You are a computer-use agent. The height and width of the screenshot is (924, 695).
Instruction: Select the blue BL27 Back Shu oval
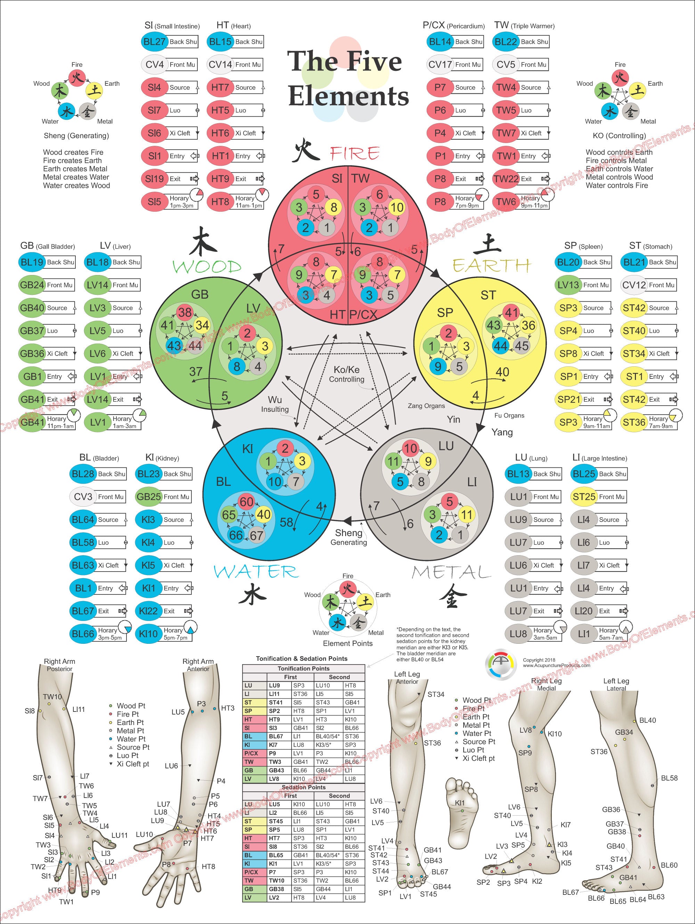coord(154,42)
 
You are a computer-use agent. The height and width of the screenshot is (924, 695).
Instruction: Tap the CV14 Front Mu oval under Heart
coord(220,65)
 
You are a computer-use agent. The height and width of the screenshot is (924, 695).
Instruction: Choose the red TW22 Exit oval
coord(506,179)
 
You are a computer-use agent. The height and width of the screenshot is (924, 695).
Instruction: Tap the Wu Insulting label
coord(275,404)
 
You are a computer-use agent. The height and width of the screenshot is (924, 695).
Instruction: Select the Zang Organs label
coord(426,406)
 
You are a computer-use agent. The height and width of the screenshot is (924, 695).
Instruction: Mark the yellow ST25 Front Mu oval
coord(584,497)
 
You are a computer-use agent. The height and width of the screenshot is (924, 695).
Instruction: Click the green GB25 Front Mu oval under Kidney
coord(148,497)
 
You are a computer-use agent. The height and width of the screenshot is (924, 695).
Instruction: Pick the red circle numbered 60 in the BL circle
coord(247,501)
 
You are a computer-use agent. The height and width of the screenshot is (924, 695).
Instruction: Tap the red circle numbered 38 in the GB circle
coord(185,312)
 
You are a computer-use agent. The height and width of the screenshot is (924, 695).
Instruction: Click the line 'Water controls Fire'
coord(616,185)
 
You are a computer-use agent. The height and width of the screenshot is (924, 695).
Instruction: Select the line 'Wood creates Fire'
coord(73,152)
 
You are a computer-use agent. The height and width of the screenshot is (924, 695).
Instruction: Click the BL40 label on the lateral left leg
coord(647,720)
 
